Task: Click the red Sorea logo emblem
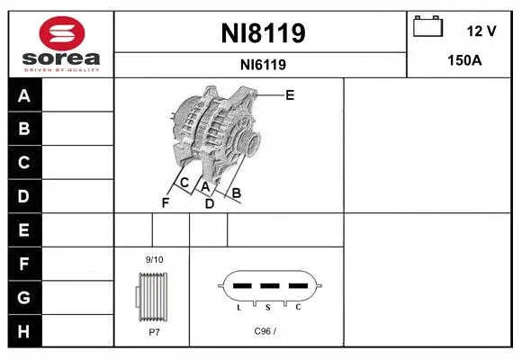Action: point(62,33)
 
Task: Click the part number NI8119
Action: point(263,33)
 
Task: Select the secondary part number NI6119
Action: point(263,65)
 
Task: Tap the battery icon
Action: point(427,26)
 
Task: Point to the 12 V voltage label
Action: point(481,31)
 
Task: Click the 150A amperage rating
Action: point(464,60)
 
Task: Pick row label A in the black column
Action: point(24,96)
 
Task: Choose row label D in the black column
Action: point(23,196)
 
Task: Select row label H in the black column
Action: point(23,331)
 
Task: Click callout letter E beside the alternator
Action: point(290,95)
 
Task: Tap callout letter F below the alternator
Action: point(166,202)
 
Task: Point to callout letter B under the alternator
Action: point(237,193)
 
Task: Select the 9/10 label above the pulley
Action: point(155,260)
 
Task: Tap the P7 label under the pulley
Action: point(155,332)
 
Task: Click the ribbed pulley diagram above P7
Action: point(152,297)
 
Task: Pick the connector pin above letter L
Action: point(242,285)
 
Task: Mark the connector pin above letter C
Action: point(298,285)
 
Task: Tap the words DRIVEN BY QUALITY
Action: point(62,70)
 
